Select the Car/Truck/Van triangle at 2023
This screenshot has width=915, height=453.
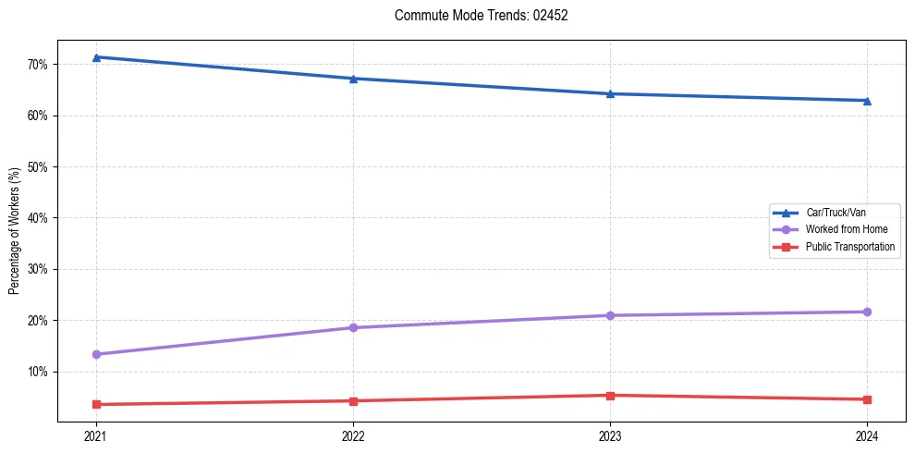point(610,93)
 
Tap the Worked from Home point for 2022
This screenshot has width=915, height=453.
point(353,327)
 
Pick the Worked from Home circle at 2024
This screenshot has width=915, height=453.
point(867,312)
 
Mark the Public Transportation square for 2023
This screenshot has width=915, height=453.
point(610,396)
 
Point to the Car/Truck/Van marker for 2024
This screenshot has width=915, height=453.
point(867,101)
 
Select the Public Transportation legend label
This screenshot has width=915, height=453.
point(849,247)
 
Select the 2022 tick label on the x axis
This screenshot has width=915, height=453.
point(353,436)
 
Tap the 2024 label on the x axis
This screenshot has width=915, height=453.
point(867,436)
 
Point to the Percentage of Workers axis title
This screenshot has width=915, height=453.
point(15,231)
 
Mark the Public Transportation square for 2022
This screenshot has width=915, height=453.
point(353,401)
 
